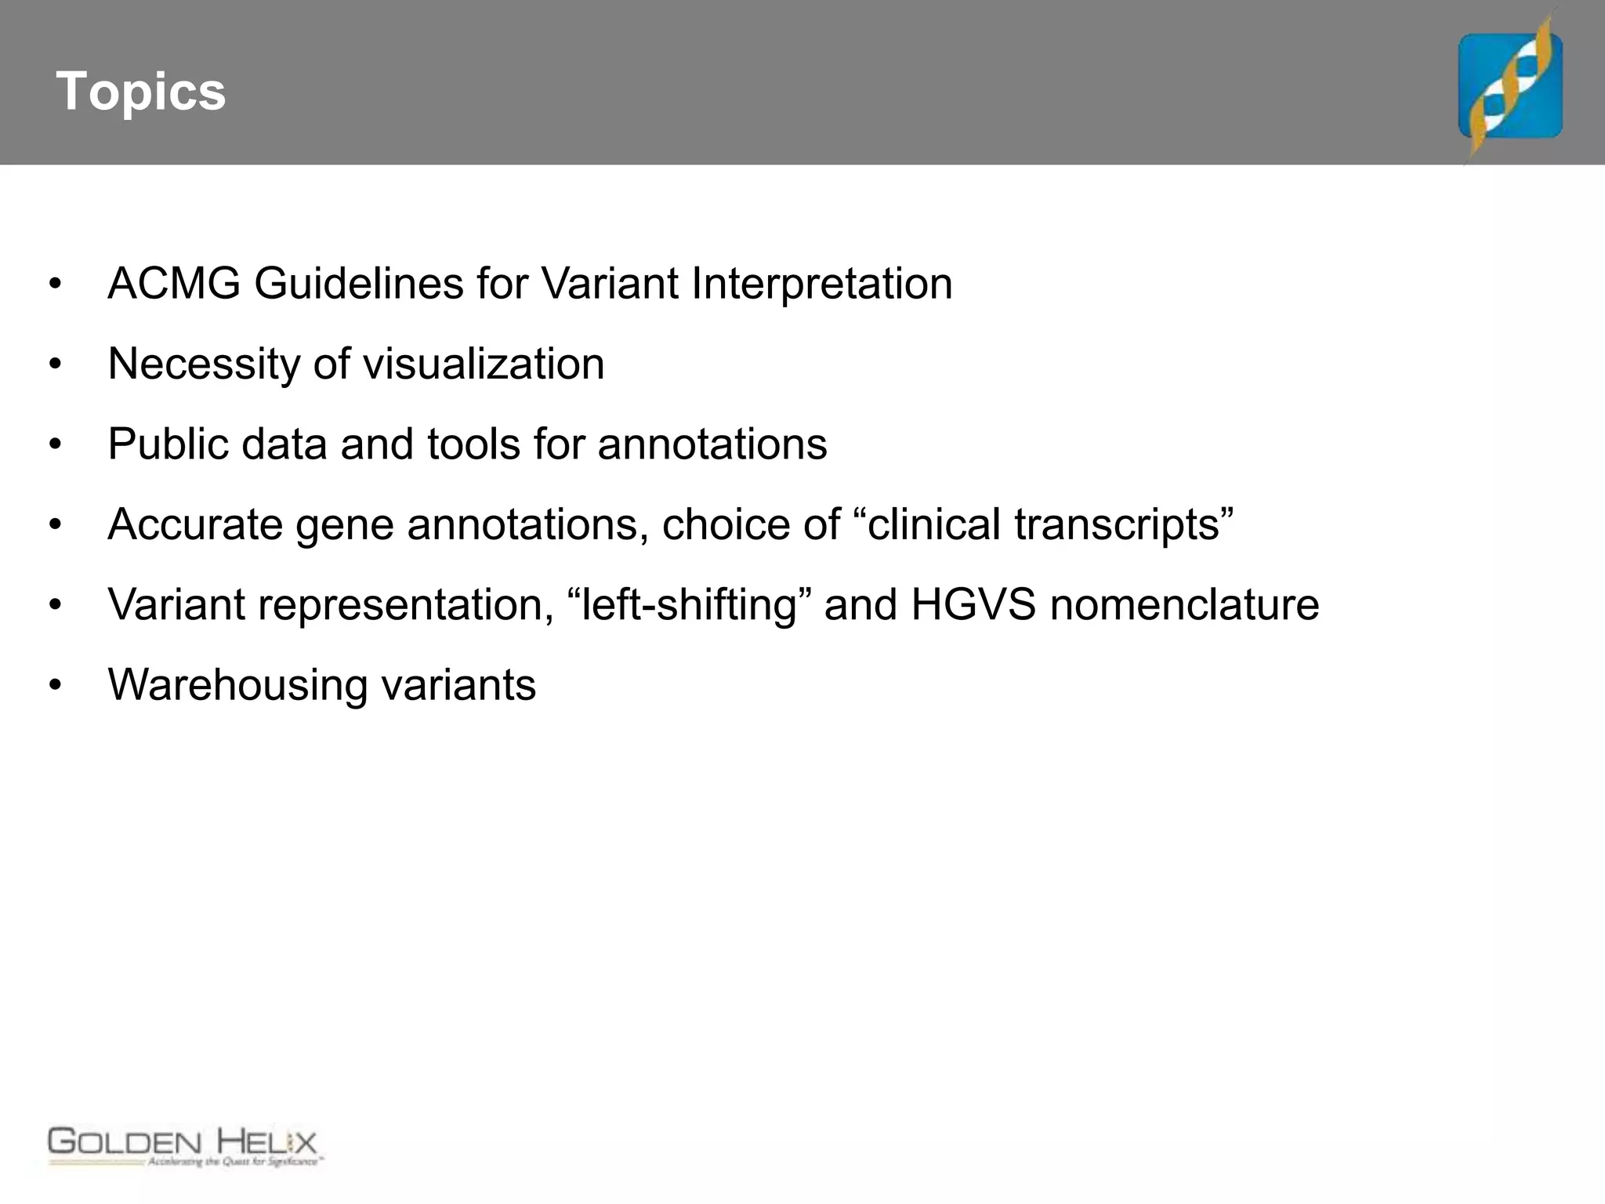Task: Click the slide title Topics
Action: [141, 92]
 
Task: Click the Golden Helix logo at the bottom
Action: [184, 1147]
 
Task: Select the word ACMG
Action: [174, 284]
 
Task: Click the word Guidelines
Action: [358, 284]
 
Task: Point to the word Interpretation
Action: [821, 284]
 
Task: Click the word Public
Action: [168, 444]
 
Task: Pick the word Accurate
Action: [195, 524]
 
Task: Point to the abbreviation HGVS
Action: [973, 605]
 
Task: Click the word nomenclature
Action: [1184, 605]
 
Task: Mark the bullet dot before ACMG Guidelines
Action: [55, 284]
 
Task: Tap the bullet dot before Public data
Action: [55, 444]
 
